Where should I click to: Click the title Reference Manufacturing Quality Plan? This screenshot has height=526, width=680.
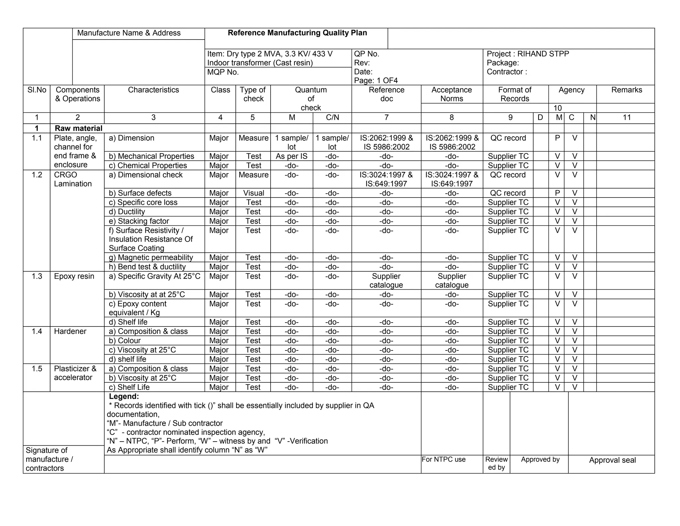297,33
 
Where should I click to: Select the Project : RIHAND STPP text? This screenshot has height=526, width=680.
528,54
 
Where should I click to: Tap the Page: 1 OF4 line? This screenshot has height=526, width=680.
376,80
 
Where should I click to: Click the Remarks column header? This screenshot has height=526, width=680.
627,90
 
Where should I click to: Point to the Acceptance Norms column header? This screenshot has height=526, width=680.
452,94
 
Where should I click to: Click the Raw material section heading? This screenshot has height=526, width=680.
79,128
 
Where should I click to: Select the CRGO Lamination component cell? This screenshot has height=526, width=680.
72,179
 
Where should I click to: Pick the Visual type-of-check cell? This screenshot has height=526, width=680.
253,193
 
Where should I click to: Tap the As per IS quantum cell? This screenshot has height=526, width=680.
292,156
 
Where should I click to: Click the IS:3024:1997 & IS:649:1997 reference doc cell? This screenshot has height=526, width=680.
386,179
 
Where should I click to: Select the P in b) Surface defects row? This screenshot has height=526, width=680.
557,193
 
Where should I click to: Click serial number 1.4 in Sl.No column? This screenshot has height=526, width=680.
37,331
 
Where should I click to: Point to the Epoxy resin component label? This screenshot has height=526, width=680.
74,276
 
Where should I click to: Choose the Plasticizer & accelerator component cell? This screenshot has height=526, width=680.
75,373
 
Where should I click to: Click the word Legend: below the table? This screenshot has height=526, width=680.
124,396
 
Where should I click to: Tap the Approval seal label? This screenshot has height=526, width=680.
612,460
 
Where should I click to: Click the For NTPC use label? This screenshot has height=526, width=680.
444,460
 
